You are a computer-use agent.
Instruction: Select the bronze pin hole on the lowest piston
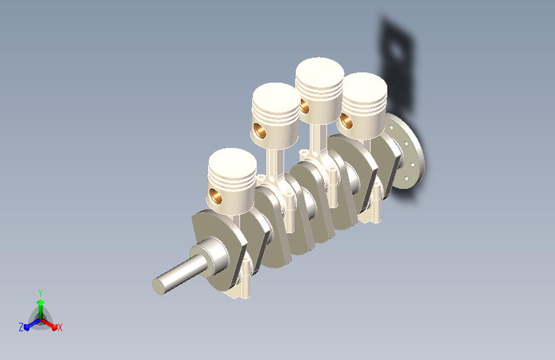(215, 196)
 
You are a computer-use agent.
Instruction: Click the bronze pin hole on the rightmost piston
(346, 120)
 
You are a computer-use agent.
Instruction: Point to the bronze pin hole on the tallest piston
(304, 106)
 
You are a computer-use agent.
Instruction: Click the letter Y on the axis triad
(40, 293)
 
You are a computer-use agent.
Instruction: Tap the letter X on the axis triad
(60, 327)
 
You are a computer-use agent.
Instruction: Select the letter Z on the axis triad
(21, 327)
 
